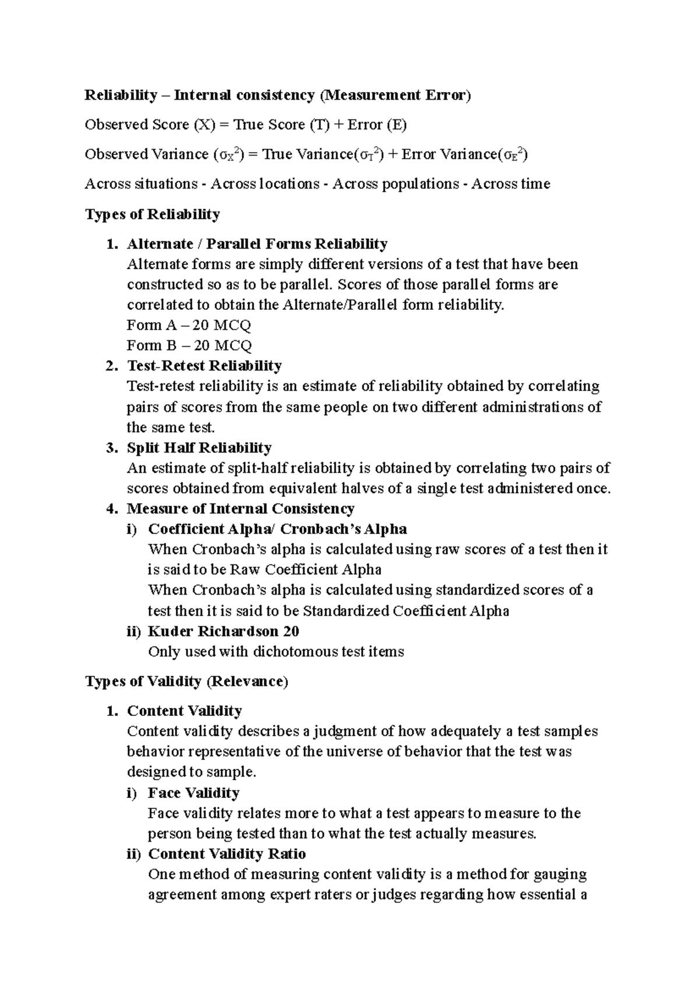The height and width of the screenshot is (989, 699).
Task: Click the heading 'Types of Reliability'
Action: pos(153,214)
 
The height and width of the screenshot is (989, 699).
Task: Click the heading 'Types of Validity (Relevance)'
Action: pos(186,681)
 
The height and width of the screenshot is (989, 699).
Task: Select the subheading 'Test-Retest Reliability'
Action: pos(204,366)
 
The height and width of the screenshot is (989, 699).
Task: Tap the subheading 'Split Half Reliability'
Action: pos(199,447)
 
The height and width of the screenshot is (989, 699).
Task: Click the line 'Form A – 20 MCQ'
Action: pos(189,325)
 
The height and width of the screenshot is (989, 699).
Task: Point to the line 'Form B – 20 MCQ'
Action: pos(189,345)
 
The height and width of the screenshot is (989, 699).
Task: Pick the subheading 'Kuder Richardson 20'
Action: pos(223,631)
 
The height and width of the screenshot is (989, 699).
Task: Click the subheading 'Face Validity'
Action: pos(193,793)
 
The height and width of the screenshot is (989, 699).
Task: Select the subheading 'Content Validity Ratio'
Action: pos(227,854)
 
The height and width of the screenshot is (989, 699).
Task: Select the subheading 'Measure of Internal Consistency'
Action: pos(241,508)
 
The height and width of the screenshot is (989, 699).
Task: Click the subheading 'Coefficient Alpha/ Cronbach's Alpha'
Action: pos(277,529)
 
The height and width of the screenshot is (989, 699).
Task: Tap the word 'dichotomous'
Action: pos(296,652)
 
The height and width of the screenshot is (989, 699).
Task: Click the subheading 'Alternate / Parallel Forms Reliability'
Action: pos(257,243)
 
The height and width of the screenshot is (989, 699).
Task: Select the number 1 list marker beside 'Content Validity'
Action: pos(112,711)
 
